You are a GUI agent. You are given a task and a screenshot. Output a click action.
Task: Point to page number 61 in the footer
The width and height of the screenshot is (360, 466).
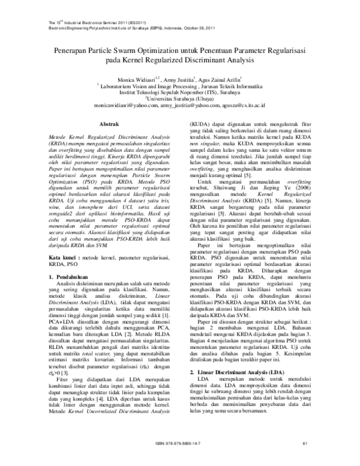305,460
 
